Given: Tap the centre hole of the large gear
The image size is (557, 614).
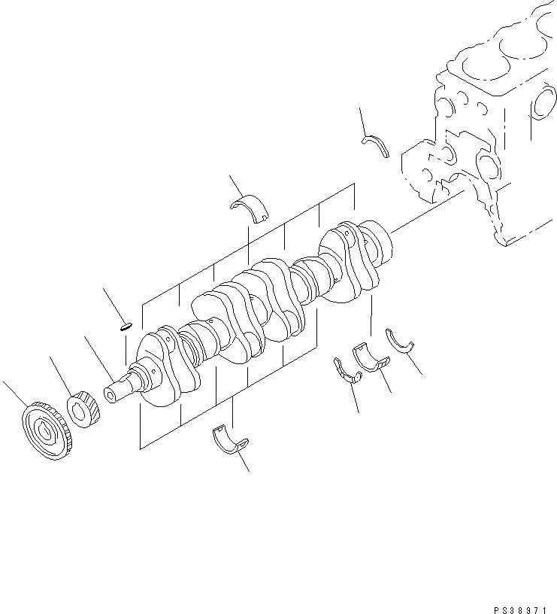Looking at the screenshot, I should [x=46, y=431].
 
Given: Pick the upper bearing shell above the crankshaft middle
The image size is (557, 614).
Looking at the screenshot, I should [x=253, y=207].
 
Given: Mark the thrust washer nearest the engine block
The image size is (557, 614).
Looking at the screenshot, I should [x=376, y=144].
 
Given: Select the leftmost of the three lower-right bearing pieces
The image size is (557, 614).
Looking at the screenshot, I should [x=346, y=372].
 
